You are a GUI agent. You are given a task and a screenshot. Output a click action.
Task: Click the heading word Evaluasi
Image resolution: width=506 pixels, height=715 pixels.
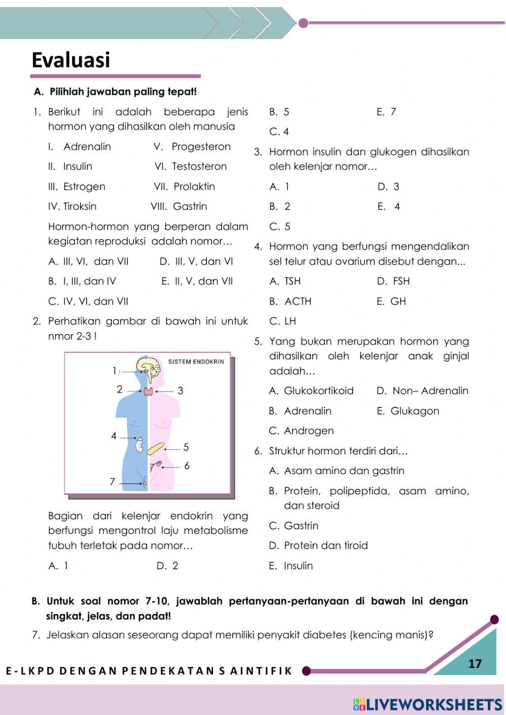(x=71, y=60)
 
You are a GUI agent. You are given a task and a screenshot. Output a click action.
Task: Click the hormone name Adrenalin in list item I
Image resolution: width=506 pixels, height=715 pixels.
(x=87, y=147)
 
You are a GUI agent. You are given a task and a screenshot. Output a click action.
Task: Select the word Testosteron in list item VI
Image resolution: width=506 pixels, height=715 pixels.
(x=199, y=166)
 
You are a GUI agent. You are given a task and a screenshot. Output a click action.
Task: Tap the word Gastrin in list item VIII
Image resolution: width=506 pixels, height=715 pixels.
(x=190, y=206)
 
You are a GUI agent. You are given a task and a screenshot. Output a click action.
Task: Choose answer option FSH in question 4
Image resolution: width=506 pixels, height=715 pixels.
(x=401, y=281)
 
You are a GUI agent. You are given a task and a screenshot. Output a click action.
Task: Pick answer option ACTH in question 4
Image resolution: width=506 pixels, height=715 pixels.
(x=298, y=302)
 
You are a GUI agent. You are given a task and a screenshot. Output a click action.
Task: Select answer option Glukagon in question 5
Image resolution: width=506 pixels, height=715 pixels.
(x=414, y=411)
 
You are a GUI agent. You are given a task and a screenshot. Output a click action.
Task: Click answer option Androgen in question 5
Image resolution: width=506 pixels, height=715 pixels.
(x=309, y=431)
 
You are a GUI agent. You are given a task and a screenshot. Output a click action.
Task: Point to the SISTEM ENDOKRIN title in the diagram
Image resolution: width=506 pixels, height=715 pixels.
(x=196, y=362)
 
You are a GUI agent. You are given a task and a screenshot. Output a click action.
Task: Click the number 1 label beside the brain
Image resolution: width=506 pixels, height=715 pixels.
(x=115, y=371)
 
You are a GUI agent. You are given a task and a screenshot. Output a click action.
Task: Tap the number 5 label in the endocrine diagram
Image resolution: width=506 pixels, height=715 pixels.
(x=186, y=447)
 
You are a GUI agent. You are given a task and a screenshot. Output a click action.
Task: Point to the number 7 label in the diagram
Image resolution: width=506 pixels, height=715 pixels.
(x=112, y=482)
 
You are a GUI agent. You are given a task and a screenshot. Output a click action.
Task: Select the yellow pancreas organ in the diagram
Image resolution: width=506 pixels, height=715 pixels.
(x=156, y=448)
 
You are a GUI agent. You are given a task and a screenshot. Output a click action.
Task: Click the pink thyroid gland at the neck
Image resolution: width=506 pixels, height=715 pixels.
(x=148, y=391)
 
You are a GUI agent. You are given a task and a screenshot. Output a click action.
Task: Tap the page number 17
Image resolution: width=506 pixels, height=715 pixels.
(x=475, y=664)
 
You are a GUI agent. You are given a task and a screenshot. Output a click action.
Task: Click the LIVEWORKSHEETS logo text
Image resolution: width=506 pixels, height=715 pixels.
(x=434, y=704)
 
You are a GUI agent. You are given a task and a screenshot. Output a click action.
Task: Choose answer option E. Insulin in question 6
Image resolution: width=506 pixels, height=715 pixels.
(x=298, y=566)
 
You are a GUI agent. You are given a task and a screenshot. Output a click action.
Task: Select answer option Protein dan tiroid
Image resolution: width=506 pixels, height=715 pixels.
(x=325, y=545)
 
